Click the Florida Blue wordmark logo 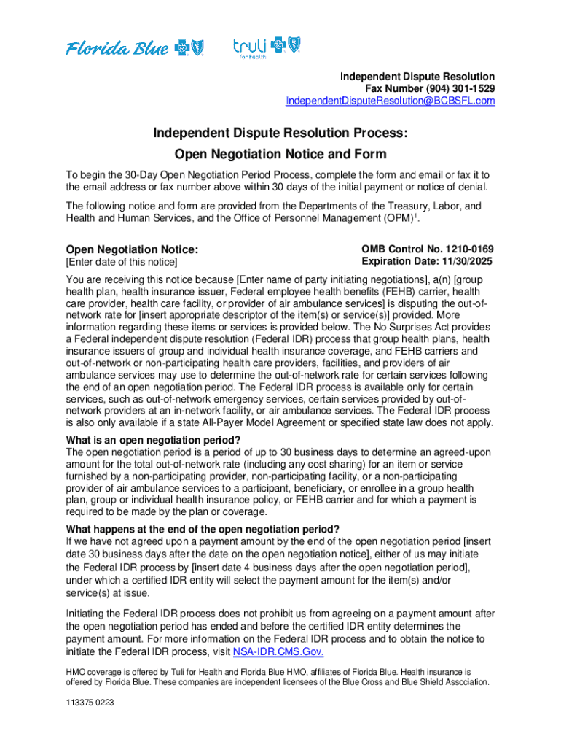click(x=117, y=49)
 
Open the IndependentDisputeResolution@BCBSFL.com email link click(x=390, y=101)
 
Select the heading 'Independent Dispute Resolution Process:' click(x=280, y=133)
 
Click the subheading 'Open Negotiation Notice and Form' click(x=280, y=154)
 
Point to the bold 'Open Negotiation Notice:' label click(x=132, y=249)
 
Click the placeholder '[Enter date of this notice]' click(x=122, y=262)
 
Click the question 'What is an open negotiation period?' click(x=153, y=439)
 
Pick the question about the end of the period click(x=203, y=529)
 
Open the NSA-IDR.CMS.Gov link click(x=278, y=651)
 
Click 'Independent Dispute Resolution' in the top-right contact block click(x=417, y=76)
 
